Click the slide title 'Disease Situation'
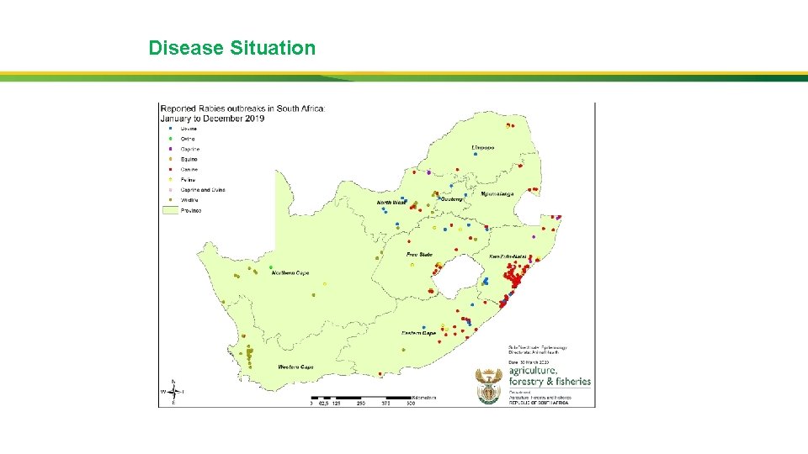click(x=232, y=48)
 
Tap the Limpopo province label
click(x=483, y=147)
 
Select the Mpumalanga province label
click(x=497, y=193)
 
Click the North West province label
click(x=391, y=203)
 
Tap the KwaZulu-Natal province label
click(x=508, y=256)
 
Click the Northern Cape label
click(x=290, y=273)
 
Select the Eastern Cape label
click(x=418, y=334)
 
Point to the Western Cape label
click(x=296, y=367)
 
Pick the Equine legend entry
click(x=189, y=159)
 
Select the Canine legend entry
click(x=189, y=169)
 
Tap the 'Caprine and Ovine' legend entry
click(x=202, y=190)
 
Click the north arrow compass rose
click(x=173, y=392)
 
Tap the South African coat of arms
click(x=489, y=386)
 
